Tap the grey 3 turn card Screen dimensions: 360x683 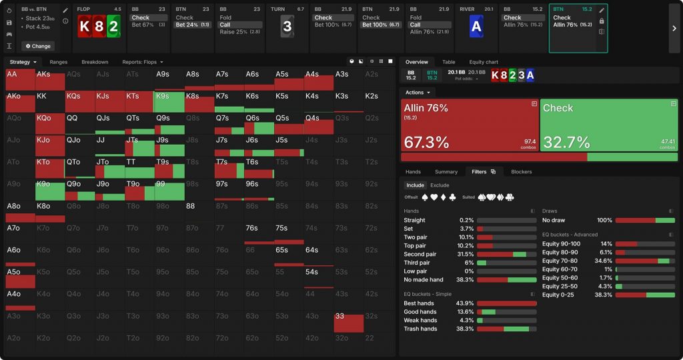pos(287,27)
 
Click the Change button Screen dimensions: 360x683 pos(37,46)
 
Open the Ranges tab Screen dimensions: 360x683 pos(59,62)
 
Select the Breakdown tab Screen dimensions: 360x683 pos(95,62)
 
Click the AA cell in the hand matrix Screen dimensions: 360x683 pos(19,79)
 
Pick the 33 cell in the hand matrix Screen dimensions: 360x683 pos(348,321)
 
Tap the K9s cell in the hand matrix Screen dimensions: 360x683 pos(169,101)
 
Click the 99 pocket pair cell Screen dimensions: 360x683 pos(169,189)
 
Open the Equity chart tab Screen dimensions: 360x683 pos(483,62)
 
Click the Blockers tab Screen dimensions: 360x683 pos(522,171)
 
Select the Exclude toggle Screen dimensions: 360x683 pos(440,185)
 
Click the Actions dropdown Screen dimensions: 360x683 pos(418,93)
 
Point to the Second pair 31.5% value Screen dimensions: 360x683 pos(465,254)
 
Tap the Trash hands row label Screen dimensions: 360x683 pos(420,329)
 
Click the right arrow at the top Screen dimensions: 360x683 pos(674,28)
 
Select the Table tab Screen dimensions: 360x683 pos(449,62)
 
